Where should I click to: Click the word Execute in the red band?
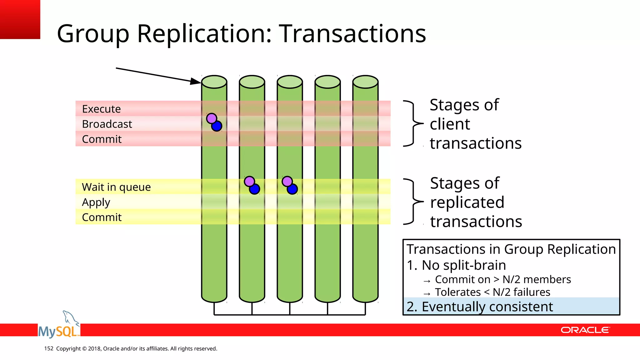point(101,109)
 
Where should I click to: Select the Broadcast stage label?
point(107,124)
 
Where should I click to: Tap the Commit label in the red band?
point(102,139)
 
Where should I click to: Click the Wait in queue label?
point(116,187)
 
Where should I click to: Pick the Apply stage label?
point(96,202)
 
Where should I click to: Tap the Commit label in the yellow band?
point(102,217)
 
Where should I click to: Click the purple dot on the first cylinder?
point(212,118)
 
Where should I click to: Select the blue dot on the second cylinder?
point(255,189)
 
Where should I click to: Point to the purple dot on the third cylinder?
point(287,181)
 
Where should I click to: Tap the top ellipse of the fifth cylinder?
point(365,82)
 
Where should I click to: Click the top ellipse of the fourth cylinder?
point(327,82)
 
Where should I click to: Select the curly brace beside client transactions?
point(413,123)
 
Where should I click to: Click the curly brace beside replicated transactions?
point(413,202)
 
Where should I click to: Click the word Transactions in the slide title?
point(352,33)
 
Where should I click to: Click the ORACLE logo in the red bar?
point(585,330)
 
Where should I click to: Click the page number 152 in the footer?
point(49,348)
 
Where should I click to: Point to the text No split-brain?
point(463,265)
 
